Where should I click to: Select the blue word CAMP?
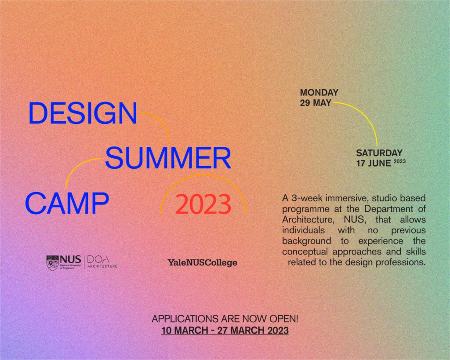(66, 203)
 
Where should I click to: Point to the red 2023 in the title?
(203, 204)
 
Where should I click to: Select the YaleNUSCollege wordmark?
(202, 262)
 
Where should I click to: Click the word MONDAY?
(319, 93)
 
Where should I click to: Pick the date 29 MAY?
(316, 103)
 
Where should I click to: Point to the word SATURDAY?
(379, 153)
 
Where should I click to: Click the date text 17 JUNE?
(374, 163)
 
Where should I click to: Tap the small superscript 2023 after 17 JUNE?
(399, 161)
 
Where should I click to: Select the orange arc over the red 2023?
(203, 177)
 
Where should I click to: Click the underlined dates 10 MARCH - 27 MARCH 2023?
(225, 330)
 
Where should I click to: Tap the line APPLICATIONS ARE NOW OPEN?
(225, 319)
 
